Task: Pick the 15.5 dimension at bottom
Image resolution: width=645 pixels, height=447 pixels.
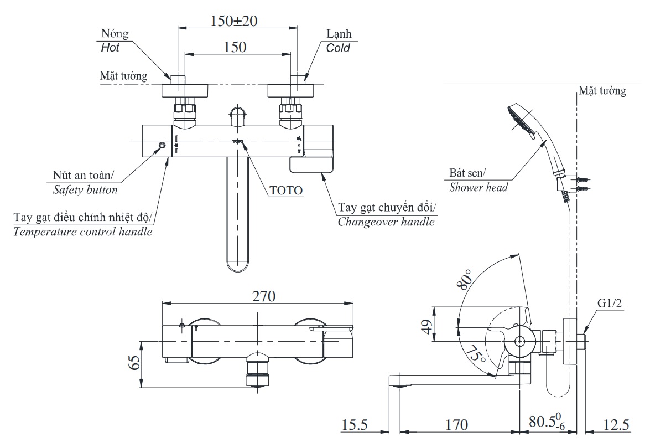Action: point(355,425)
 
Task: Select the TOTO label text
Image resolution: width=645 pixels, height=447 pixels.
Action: point(286,191)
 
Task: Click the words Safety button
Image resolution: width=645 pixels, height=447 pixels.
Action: point(85,189)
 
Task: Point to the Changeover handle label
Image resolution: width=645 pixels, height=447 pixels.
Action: point(386,222)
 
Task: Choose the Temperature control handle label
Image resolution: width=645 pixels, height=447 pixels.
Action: point(82,231)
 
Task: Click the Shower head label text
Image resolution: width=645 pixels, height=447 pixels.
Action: point(478,188)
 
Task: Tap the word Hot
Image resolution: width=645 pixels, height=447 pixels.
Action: point(110,48)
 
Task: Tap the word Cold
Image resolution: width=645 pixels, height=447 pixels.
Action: point(338,48)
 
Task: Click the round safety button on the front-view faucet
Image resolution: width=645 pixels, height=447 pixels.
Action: point(162,146)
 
